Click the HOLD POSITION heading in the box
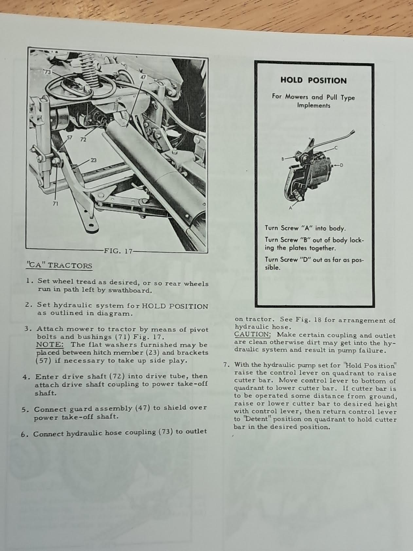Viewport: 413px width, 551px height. [x=313, y=81]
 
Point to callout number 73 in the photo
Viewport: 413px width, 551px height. [x=48, y=72]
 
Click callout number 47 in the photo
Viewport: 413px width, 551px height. [x=143, y=77]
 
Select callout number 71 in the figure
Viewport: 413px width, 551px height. [x=55, y=204]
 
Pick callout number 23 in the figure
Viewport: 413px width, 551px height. [x=93, y=160]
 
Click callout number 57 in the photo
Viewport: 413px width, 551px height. [x=69, y=138]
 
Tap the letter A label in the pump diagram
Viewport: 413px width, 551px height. [x=290, y=208]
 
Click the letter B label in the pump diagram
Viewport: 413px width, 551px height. [x=283, y=159]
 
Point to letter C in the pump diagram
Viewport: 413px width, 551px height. [x=336, y=148]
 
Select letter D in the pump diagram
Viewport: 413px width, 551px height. [x=341, y=165]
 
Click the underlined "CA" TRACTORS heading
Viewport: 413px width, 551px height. [x=59, y=265]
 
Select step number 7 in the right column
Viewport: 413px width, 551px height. [x=225, y=365]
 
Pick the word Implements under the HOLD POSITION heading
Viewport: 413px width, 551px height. [x=314, y=105]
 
